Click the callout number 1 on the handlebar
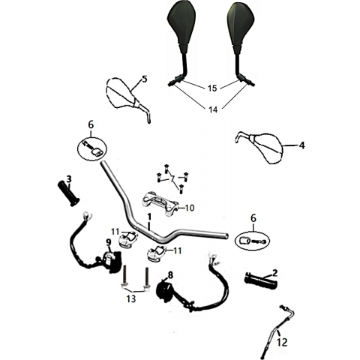point(149,217)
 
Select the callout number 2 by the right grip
point(274,273)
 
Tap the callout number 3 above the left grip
point(69,179)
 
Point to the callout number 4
point(302,145)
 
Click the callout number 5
point(145,79)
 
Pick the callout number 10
point(190,208)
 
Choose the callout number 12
point(282,342)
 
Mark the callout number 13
point(131,298)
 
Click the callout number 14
point(213,109)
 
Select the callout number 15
point(212,88)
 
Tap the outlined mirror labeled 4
point(259,148)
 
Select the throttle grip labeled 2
point(261,281)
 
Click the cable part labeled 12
point(277,332)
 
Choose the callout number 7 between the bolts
point(172,178)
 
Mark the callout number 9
point(108,242)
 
